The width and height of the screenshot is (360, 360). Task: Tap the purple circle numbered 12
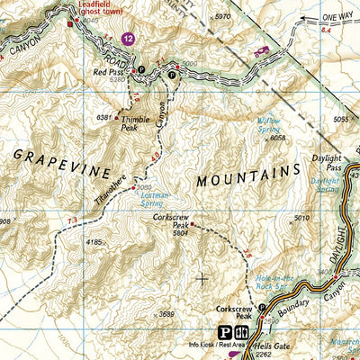pyautogui.click(x=130, y=40)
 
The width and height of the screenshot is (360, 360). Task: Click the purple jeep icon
pyautogui.click(x=262, y=51)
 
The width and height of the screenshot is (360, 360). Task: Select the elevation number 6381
pyautogui.click(x=105, y=118)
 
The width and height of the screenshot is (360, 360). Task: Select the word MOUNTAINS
pyautogui.click(x=247, y=175)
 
